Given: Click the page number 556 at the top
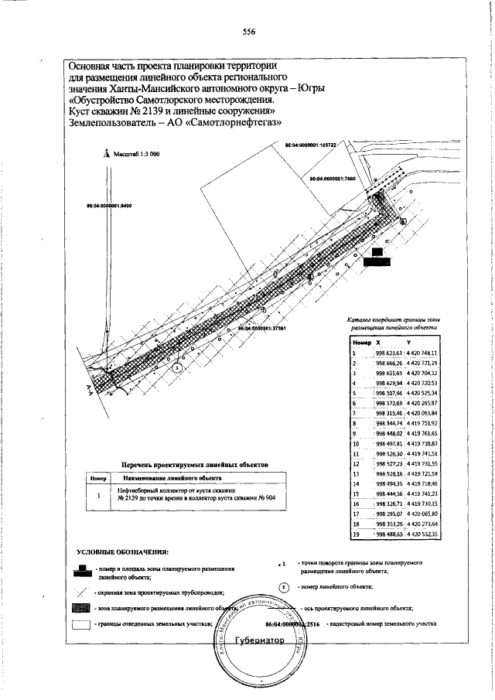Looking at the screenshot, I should pos(248,32).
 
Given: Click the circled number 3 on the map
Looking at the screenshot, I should pos(178,369).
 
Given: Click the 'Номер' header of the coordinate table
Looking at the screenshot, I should pos(361,342).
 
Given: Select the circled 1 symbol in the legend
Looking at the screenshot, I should pos(283,587).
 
